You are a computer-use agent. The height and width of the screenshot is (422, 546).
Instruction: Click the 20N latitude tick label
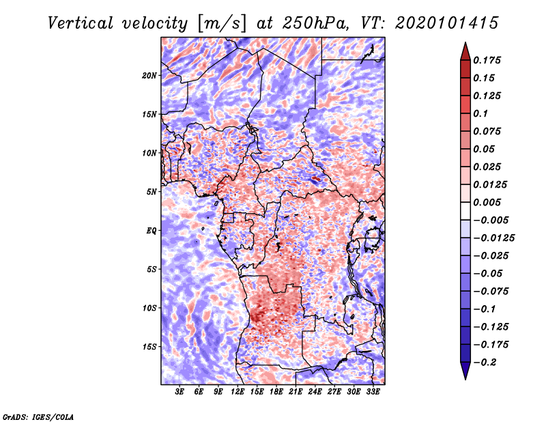click(x=149, y=76)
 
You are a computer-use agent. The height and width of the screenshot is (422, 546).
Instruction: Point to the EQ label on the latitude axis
click(x=151, y=231)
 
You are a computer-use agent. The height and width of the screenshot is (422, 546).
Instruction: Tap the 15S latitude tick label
click(x=149, y=347)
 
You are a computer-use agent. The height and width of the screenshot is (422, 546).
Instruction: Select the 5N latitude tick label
click(x=152, y=192)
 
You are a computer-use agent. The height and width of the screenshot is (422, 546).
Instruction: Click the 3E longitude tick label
click(x=179, y=392)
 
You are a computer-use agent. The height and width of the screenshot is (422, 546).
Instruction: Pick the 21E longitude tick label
click(x=296, y=392)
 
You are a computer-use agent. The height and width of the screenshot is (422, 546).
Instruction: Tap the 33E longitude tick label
click(x=373, y=392)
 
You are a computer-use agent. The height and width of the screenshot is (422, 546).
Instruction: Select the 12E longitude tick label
click(x=238, y=392)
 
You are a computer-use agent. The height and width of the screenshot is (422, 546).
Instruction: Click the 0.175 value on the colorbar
click(x=487, y=60)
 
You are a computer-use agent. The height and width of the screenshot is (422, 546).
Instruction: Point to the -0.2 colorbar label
click(x=485, y=363)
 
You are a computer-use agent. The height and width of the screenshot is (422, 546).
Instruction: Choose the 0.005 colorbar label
click(x=487, y=202)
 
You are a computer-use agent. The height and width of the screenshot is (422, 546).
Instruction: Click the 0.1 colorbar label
click(x=480, y=113)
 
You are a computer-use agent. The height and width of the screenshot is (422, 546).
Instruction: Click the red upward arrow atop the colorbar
click(x=465, y=52)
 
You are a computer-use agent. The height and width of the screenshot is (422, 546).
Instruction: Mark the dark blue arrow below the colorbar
click(x=465, y=371)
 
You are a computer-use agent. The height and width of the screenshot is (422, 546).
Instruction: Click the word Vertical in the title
click(x=81, y=23)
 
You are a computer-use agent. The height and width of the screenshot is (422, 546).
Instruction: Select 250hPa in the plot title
click(x=315, y=23)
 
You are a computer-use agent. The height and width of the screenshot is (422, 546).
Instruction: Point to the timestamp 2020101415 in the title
click(x=447, y=23)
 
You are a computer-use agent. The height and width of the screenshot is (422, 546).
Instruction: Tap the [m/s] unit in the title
click(x=222, y=23)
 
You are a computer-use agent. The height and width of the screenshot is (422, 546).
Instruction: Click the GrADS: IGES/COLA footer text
click(x=38, y=417)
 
